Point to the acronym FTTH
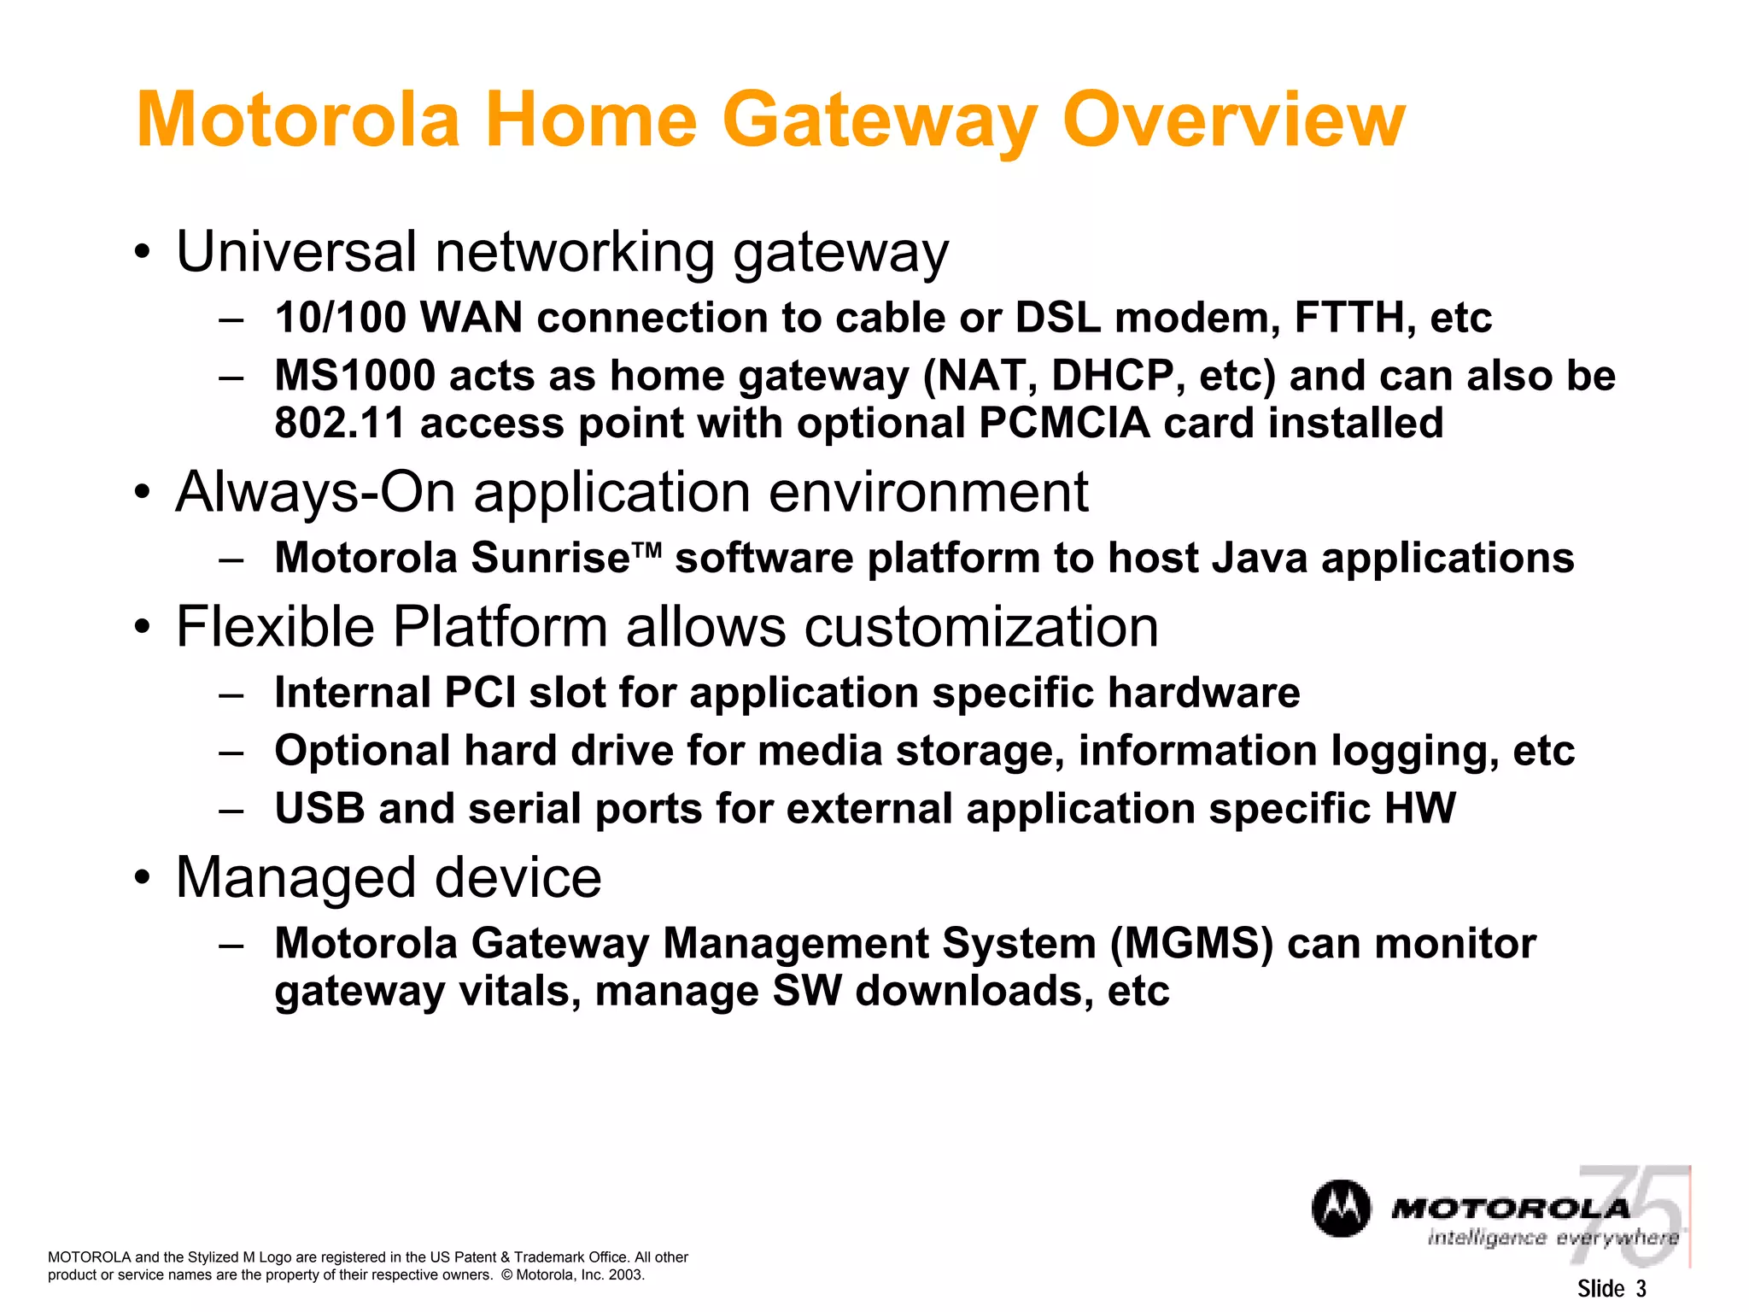(x=1349, y=318)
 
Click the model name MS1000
(x=355, y=376)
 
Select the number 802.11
(x=340, y=424)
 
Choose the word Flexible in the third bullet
(x=275, y=627)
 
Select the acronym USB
(x=319, y=809)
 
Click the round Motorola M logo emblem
(x=1341, y=1209)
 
